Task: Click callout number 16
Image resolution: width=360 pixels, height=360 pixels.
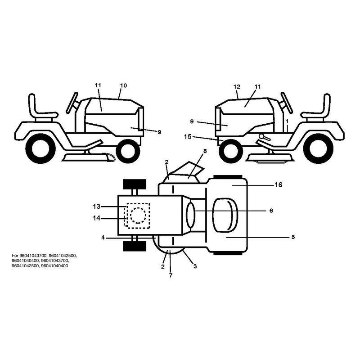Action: (x=278, y=185)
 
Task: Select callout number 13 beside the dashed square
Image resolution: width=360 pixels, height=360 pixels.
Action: (x=97, y=207)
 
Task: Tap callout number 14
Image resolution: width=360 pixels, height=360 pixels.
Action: (x=97, y=218)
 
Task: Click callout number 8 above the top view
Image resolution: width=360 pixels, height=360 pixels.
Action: (x=205, y=151)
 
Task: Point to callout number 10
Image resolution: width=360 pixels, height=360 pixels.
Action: (x=123, y=85)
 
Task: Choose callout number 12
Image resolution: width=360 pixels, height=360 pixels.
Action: (x=237, y=87)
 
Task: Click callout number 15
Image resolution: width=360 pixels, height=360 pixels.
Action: (x=188, y=137)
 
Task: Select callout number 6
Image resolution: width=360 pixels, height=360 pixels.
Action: (x=271, y=211)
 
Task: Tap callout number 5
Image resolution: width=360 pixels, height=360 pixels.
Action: (x=293, y=237)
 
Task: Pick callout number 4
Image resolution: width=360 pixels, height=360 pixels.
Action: (x=103, y=238)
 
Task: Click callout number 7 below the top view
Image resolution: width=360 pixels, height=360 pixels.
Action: (x=171, y=275)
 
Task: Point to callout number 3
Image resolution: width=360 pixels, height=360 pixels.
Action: (x=195, y=266)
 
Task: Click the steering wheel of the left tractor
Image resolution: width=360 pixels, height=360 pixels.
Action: (x=73, y=103)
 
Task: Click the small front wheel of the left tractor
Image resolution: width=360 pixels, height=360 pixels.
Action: (x=128, y=151)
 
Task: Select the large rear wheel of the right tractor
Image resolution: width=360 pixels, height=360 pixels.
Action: (x=318, y=148)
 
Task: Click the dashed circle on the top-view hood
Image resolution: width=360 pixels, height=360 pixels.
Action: (x=138, y=216)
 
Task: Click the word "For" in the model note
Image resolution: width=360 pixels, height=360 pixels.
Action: (x=15, y=255)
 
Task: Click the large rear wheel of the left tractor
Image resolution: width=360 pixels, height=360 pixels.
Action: (x=40, y=148)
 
